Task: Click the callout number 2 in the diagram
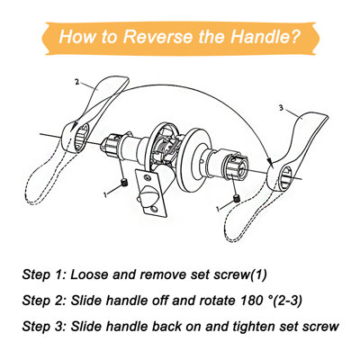(77, 82)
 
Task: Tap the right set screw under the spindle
(234, 198)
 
